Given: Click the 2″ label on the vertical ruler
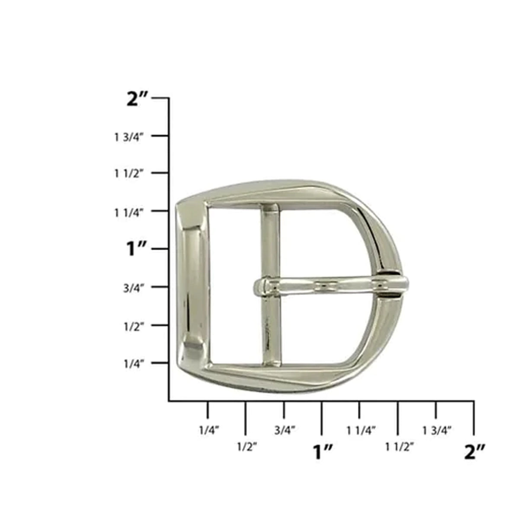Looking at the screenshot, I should coord(137,99).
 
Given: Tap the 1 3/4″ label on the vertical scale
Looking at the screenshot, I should coord(128,137).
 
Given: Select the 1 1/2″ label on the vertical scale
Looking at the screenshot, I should coord(128,174).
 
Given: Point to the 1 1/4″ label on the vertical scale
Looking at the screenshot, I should coord(128,212).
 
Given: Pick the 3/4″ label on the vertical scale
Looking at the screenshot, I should coord(133,288).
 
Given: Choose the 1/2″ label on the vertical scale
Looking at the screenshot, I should coord(133,326).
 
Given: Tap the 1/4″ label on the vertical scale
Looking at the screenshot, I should coord(133,364).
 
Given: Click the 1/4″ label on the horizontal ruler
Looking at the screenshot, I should coord(209,430).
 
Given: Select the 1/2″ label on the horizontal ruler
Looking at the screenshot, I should coord(247,446).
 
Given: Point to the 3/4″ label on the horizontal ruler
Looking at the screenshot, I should coord(285,430).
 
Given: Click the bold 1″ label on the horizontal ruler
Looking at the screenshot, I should coord(322,452).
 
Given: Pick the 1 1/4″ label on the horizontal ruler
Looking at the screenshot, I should coord(361,430).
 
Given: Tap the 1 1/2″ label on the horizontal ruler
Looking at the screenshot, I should coord(399,446).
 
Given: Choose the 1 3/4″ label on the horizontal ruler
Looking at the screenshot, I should coord(437,430).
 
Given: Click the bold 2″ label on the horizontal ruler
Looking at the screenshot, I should coord(474,452).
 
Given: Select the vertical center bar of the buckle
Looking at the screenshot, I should coord(271,328).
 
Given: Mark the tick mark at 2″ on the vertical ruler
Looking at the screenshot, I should coord(161,98).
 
